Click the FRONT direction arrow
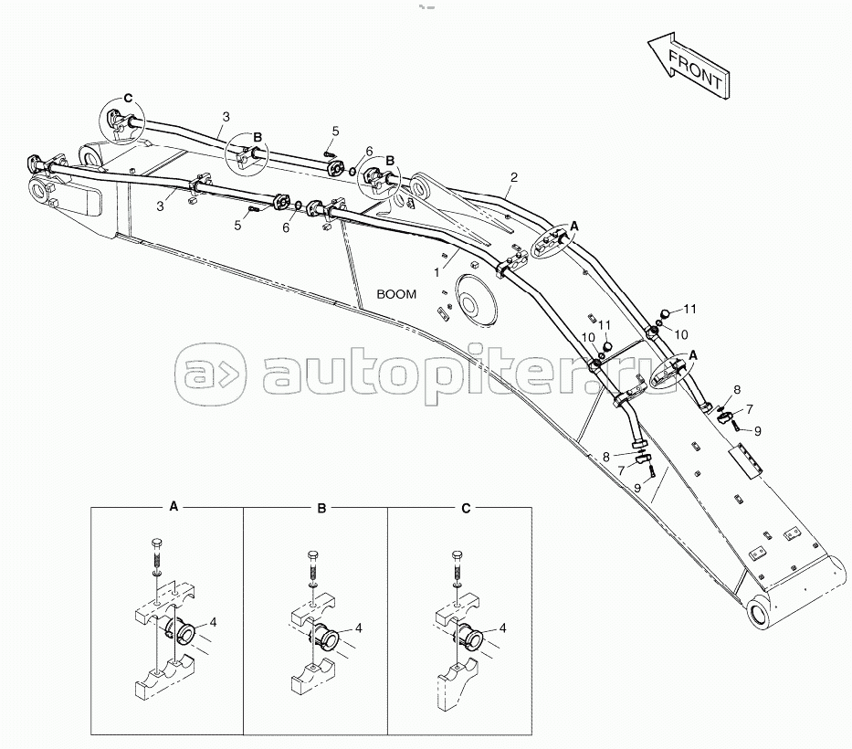click(x=688, y=67)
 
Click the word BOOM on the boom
click(x=396, y=294)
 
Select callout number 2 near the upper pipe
click(x=514, y=177)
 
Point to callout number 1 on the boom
click(x=437, y=272)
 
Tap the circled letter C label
click(x=128, y=98)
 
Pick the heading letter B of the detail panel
click(x=321, y=509)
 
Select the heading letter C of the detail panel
click(x=466, y=509)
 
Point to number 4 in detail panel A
click(x=213, y=622)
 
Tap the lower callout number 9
click(x=638, y=488)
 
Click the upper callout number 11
click(x=691, y=309)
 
